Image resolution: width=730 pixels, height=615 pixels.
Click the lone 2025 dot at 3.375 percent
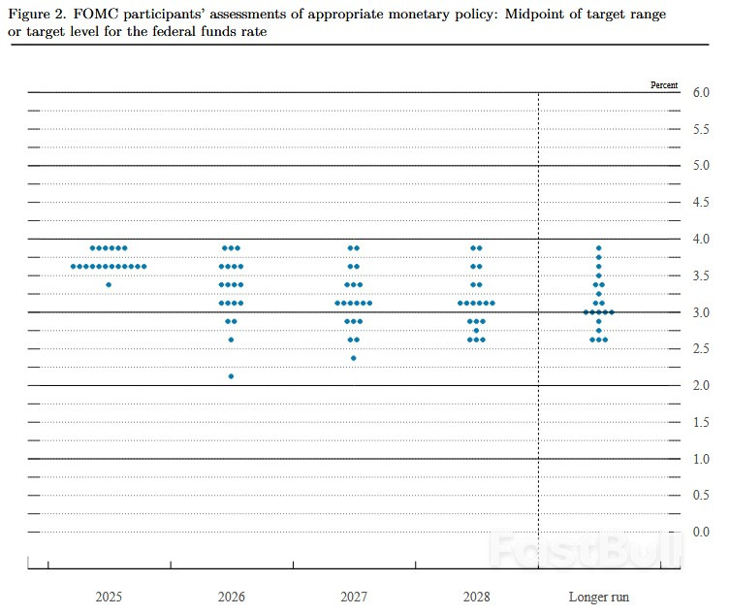109,284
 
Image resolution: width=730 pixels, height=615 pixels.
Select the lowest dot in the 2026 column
231,376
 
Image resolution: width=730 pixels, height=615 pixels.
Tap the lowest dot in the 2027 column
354,358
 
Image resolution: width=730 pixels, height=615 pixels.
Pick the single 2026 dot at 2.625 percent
231,340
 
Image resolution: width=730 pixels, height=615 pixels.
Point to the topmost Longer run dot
599,248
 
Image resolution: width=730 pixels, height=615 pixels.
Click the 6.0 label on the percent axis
700,92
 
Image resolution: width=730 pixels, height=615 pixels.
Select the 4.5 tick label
700,202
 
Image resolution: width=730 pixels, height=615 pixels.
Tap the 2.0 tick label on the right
700,385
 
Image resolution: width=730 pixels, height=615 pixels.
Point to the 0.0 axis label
700,532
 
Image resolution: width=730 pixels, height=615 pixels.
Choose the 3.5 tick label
700,275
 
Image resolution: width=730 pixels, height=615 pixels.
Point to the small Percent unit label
664,85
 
